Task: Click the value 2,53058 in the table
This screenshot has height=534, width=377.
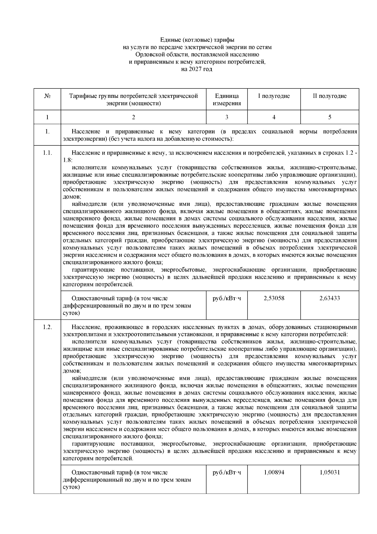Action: pos(274,298)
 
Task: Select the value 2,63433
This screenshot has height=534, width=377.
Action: pos(330,298)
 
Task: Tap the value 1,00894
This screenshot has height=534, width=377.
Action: pos(274,472)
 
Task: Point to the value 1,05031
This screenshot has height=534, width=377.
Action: pos(330,472)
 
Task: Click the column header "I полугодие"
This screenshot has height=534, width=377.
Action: pos(274,96)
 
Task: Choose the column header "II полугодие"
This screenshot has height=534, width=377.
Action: pos(330,96)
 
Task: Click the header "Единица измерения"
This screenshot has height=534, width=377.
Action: pos(227,99)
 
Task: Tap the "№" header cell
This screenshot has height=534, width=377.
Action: pos(47,96)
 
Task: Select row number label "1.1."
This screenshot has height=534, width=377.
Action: pos(47,153)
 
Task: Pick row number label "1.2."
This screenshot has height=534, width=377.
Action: pos(47,327)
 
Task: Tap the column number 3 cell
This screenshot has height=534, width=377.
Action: pos(227,117)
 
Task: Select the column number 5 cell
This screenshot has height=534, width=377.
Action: pos(330,117)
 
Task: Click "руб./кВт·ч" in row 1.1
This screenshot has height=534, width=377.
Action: pos(227,298)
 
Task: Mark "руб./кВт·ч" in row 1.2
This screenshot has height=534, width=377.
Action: pos(227,472)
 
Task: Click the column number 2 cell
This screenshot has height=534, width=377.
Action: pos(134,117)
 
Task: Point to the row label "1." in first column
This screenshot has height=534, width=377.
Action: pos(47,132)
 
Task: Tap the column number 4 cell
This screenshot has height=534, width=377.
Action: pos(274,117)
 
